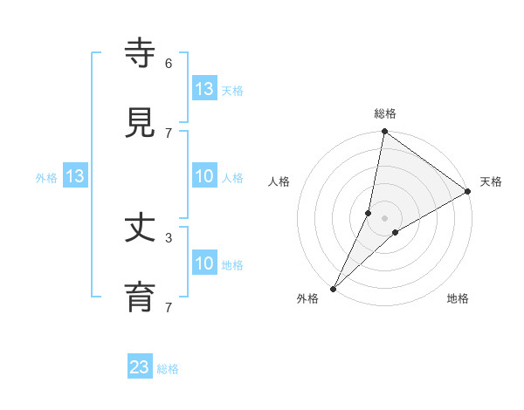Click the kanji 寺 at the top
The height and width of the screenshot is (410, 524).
point(141,53)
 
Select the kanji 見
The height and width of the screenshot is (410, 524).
point(141,122)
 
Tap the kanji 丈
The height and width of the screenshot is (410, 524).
point(141,229)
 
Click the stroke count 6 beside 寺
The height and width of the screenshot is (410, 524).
point(168,64)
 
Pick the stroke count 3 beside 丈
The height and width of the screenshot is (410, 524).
point(168,237)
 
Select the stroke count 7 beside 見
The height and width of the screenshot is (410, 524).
point(168,133)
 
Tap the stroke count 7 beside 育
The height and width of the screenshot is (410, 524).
point(168,307)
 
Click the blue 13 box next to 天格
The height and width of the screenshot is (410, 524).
point(203,89)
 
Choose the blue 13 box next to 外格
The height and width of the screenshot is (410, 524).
point(75,177)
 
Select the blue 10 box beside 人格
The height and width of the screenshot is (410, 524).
point(203,177)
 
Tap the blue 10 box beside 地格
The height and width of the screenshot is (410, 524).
point(203,263)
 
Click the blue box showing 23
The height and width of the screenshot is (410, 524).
point(140,367)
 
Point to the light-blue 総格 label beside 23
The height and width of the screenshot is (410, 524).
point(168,369)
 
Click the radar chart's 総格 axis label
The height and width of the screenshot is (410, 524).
point(385,113)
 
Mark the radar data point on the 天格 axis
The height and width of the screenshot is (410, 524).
point(468,192)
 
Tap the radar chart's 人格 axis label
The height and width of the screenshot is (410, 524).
point(279,181)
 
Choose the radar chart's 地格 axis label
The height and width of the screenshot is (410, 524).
point(458,298)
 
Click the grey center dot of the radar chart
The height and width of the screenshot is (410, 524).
point(385,217)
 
